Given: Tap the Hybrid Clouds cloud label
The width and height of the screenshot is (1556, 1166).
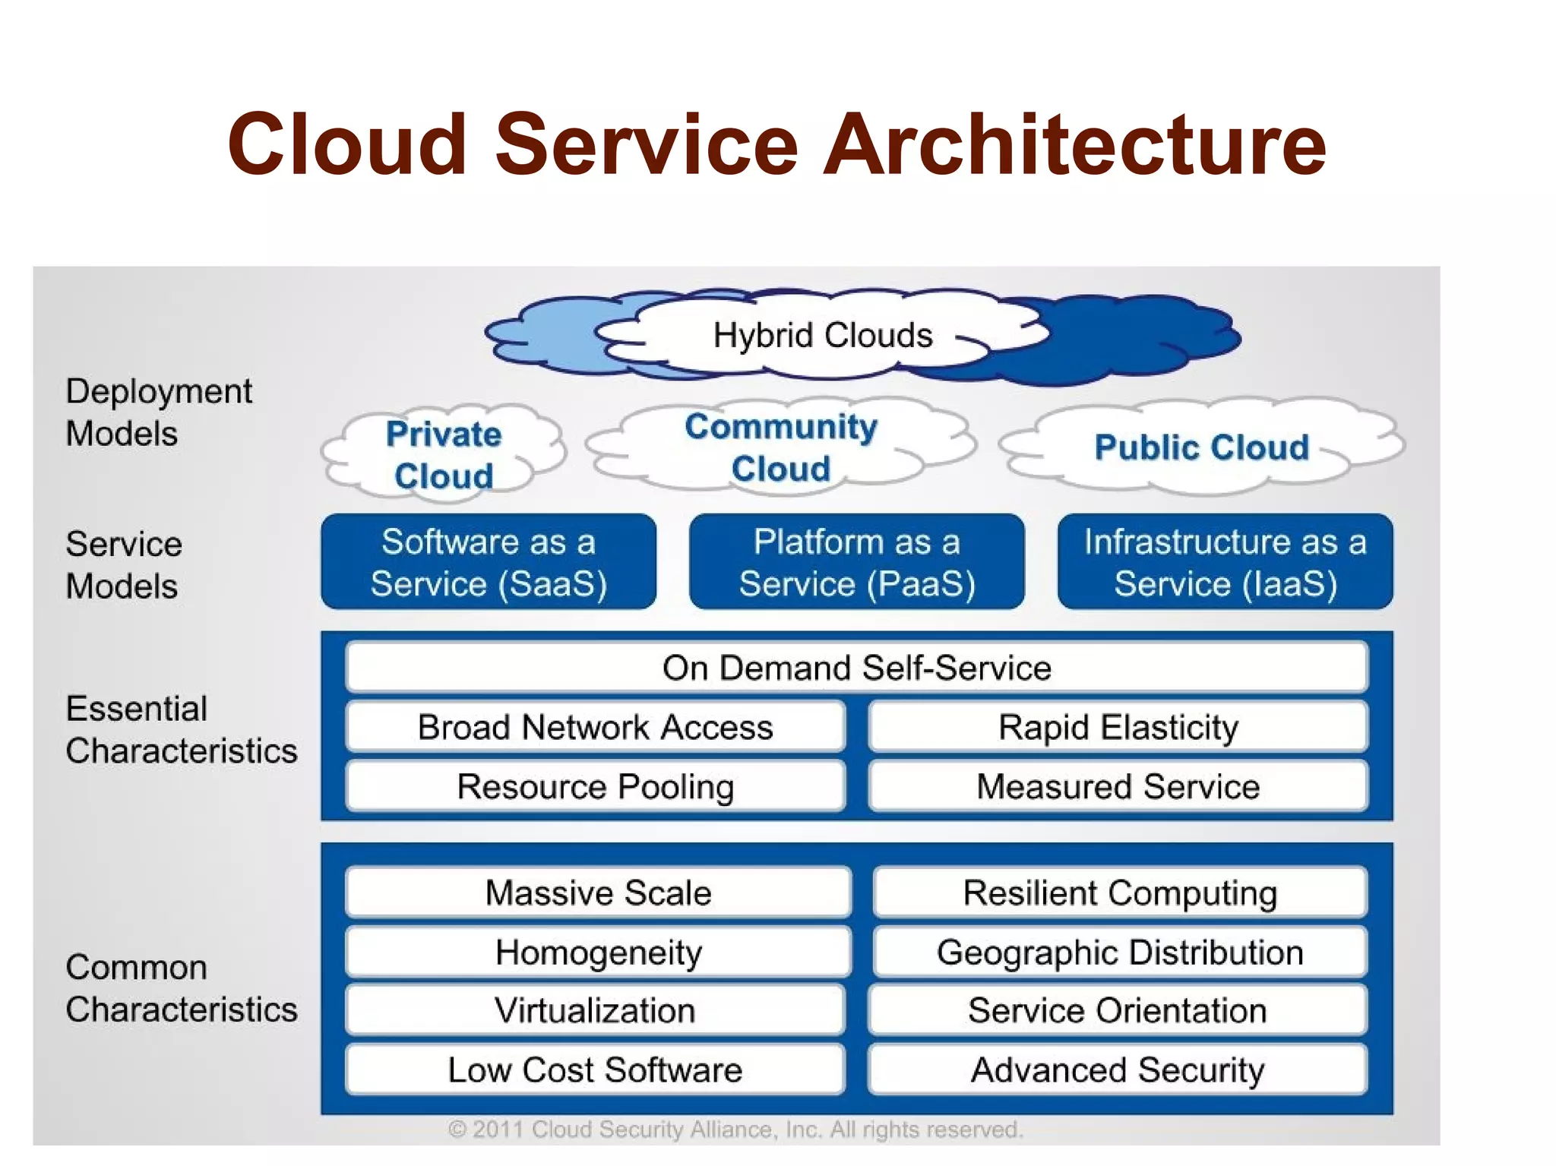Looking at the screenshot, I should [x=823, y=335].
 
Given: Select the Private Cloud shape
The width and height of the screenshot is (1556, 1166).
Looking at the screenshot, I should [x=444, y=454].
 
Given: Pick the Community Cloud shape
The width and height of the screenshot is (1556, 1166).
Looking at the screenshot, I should [x=781, y=447].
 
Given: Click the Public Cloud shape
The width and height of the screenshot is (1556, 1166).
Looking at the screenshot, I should [x=1202, y=447].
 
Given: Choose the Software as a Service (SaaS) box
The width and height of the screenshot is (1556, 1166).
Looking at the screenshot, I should [x=489, y=562].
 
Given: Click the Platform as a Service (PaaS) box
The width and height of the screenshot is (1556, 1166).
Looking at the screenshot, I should [x=856, y=562].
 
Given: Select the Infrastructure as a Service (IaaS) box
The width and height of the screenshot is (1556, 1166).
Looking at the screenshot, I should [x=1225, y=562].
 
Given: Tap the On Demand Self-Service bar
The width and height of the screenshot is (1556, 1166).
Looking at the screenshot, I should [x=856, y=668].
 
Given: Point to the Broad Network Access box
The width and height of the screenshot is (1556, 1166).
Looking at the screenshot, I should [x=595, y=727].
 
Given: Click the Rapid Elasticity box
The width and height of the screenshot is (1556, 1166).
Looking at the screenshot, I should [x=1118, y=727].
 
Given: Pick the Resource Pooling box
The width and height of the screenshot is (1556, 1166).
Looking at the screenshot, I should [x=595, y=786].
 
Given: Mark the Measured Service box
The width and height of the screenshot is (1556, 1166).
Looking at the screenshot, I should [x=1118, y=786].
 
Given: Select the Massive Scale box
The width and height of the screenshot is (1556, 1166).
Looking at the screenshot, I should [x=598, y=893].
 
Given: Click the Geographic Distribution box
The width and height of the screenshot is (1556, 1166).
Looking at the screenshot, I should [x=1120, y=952].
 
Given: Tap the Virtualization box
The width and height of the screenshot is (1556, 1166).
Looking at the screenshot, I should [x=595, y=1010].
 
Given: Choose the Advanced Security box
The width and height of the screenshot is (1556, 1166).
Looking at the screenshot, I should [x=1118, y=1070].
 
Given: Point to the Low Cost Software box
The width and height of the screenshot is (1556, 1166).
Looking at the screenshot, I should [x=595, y=1070].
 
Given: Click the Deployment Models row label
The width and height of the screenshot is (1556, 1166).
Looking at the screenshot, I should [x=159, y=412].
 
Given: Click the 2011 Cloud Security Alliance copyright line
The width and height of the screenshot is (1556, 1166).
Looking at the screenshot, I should [x=735, y=1130].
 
